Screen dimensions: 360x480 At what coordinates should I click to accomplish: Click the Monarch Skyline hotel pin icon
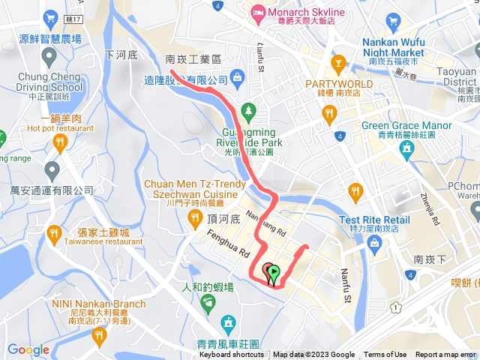(258, 12)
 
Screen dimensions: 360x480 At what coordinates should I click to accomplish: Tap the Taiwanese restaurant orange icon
(53, 234)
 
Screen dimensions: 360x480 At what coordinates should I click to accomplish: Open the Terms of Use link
(385, 355)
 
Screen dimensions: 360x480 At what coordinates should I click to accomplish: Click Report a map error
(445, 355)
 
